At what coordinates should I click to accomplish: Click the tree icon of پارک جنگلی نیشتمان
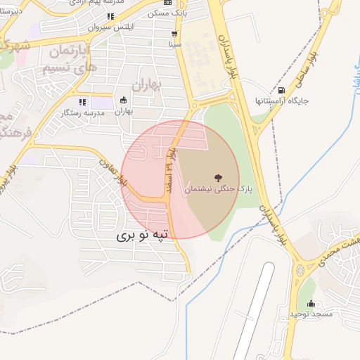(x=214, y=177)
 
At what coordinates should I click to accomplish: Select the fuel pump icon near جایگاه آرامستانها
(x=282, y=90)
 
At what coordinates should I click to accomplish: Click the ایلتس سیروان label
(x=111, y=27)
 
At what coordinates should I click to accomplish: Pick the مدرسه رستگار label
(x=79, y=112)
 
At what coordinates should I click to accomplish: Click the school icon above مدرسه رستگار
(x=82, y=102)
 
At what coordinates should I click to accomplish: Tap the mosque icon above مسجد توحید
(x=311, y=303)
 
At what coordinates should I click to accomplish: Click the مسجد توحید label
(x=311, y=314)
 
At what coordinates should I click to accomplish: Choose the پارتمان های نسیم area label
(x=65, y=60)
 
